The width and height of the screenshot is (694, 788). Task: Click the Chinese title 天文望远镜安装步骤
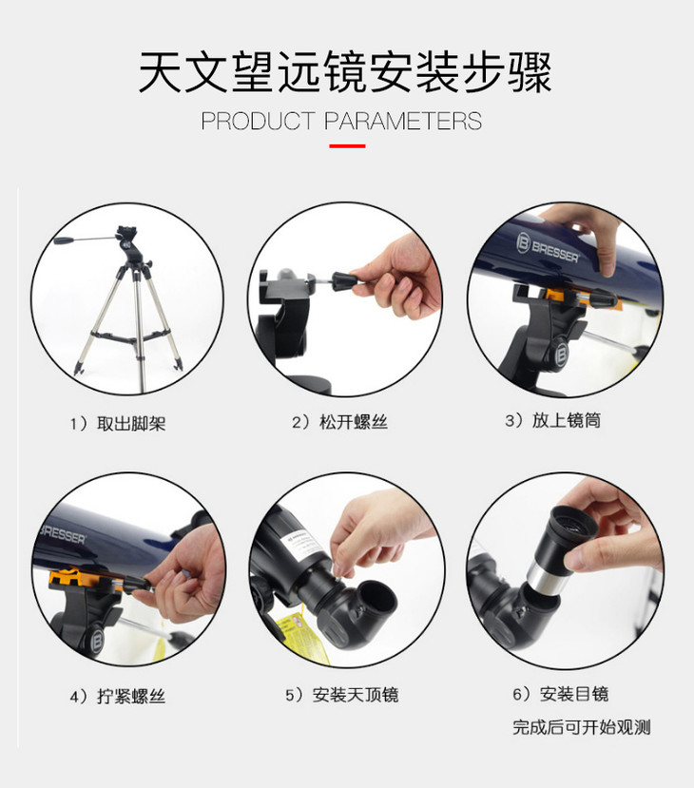(345, 72)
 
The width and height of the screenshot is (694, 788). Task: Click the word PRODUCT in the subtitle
(258, 121)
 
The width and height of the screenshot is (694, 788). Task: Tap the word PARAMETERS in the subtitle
(403, 121)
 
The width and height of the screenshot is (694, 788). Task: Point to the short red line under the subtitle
(347, 146)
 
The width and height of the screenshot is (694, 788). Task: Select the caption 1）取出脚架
(118, 424)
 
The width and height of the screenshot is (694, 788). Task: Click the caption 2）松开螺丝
(340, 422)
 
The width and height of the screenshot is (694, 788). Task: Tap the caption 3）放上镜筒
(552, 420)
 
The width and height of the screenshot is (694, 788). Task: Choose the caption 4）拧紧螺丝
(118, 697)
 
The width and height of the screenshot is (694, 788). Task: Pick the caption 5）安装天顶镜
(342, 695)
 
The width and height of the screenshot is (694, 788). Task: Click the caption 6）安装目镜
(560, 694)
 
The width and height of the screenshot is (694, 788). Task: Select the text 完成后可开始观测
(582, 727)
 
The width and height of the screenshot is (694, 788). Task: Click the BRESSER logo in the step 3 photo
(548, 247)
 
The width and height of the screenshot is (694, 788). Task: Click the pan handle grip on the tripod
(65, 240)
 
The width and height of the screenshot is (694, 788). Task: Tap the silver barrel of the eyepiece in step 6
(548, 579)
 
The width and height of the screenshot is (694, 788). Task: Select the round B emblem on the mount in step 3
(561, 356)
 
